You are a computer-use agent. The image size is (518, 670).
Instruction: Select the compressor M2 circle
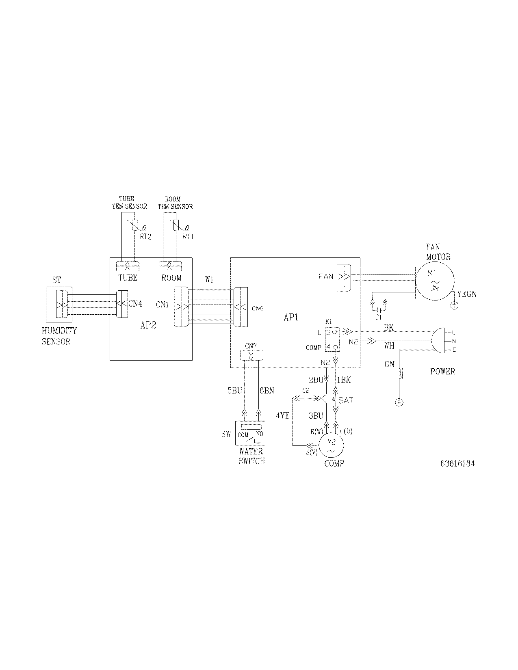(x=331, y=445)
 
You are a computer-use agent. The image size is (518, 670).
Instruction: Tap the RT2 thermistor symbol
(x=134, y=226)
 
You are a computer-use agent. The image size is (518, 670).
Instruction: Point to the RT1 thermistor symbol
(x=176, y=225)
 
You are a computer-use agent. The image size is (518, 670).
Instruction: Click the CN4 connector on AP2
(x=121, y=304)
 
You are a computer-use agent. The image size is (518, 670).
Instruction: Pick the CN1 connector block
(x=181, y=306)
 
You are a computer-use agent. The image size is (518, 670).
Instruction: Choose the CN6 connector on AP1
(x=241, y=307)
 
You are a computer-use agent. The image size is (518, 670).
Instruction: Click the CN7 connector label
(x=251, y=346)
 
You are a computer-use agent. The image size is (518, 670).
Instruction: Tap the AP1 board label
(x=291, y=317)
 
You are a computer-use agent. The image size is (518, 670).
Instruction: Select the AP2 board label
(x=148, y=325)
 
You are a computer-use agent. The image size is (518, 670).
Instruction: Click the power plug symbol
(x=438, y=341)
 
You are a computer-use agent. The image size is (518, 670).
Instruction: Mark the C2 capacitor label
(x=306, y=390)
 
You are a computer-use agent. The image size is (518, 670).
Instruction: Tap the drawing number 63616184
(x=457, y=463)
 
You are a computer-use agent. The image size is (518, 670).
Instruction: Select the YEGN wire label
(x=467, y=294)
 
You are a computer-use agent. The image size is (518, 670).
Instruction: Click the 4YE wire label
(x=283, y=415)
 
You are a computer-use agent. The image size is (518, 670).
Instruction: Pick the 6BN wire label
(x=267, y=391)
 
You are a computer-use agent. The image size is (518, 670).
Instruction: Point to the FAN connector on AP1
(x=344, y=277)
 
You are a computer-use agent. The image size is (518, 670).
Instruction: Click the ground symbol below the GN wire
(x=399, y=403)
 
